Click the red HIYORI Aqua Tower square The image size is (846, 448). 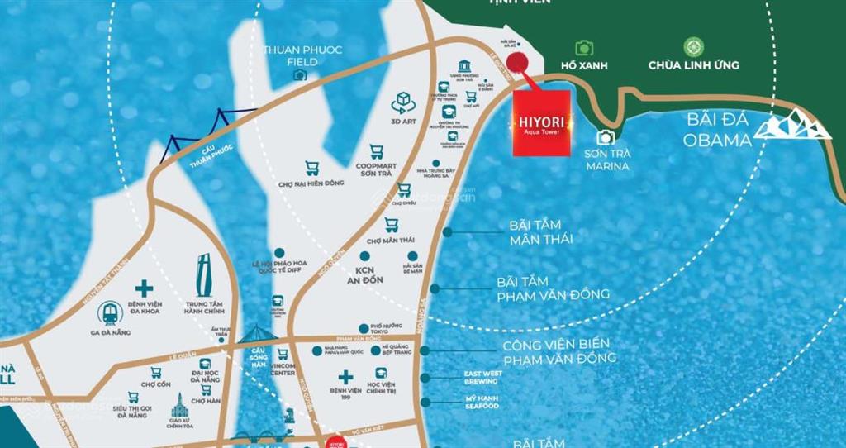pos(541,122)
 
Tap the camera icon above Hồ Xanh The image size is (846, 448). pos(585,48)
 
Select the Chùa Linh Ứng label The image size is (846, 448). pos(693,65)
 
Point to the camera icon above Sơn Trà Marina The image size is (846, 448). pos(606,138)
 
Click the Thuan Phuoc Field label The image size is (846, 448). pos(302,55)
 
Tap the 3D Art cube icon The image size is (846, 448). pos(404,101)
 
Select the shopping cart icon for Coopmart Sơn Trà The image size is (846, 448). pos(377,151)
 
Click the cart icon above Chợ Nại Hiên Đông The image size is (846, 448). pos(312,168)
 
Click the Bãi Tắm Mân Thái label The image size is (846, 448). pos(541,232)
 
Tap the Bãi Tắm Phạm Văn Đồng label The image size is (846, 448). pos(553,288)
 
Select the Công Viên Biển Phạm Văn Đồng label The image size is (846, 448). pos(559,351)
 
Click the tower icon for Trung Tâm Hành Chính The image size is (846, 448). pos(204,273)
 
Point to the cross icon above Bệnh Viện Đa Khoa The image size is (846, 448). pos(145,288)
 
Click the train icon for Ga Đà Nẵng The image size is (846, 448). pos(110,312)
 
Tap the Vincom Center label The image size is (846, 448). pos(283,369)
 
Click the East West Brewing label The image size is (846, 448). pos(482,378)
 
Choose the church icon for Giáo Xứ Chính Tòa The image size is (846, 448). pos(179,406)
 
